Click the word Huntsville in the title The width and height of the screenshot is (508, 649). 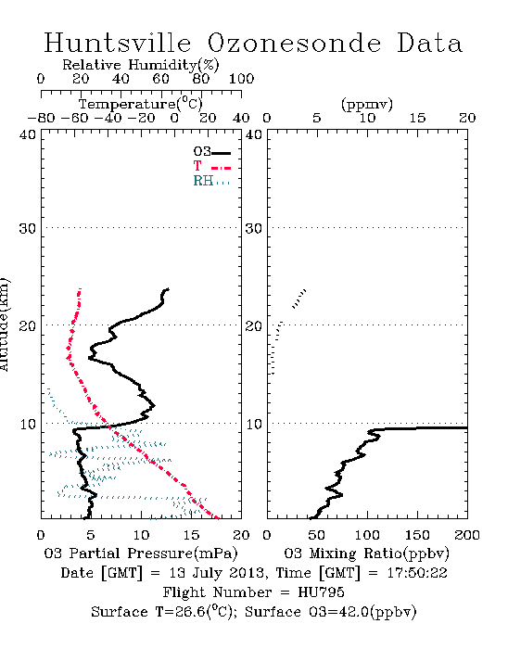click(118, 43)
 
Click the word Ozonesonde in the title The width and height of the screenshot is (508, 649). click(294, 43)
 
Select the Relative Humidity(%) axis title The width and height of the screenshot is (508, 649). click(141, 65)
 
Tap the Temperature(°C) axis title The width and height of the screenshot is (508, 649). click(141, 104)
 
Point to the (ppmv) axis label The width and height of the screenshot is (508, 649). click(367, 104)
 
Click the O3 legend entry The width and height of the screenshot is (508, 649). click(211, 152)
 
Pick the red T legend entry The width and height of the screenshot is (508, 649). click(211, 166)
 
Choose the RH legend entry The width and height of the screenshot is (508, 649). click(211, 181)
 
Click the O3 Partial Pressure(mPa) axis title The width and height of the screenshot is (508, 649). click(141, 554)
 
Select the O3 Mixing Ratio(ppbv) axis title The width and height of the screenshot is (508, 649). click(366, 554)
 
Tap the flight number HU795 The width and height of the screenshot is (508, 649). click(321, 592)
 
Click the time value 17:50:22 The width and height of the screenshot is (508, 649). click(417, 573)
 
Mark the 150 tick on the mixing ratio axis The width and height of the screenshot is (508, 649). click(417, 535)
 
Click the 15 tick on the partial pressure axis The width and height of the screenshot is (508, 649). click(191, 535)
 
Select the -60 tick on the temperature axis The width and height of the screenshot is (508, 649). click(74, 118)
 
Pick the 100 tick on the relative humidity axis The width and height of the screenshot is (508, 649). click(242, 78)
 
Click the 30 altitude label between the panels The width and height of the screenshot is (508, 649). click(254, 228)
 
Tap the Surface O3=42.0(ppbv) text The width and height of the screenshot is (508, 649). click(331, 612)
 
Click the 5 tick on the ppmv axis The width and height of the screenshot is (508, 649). click(317, 118)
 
